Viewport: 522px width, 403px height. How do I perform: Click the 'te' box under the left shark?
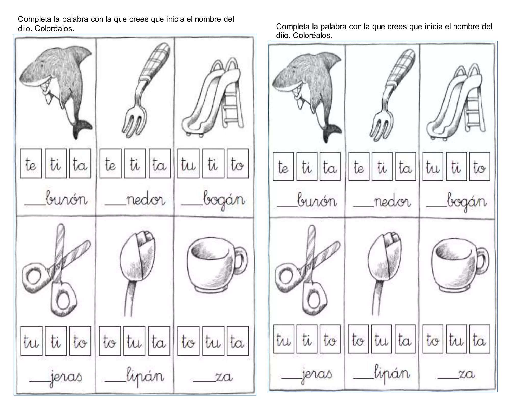(x=31, y=164)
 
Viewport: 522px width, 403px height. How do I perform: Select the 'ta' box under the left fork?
(x=160, y=164)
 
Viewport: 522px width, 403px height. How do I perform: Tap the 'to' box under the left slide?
(x=237, y=164)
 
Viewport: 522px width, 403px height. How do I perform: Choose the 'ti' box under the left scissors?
(x=56, y=341)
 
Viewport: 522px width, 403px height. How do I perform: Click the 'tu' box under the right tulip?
(x=381, y=339)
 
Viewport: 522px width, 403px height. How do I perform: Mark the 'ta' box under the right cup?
(x=479, y=339)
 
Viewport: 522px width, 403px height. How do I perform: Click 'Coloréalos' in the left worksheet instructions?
(x=54, y=29)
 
